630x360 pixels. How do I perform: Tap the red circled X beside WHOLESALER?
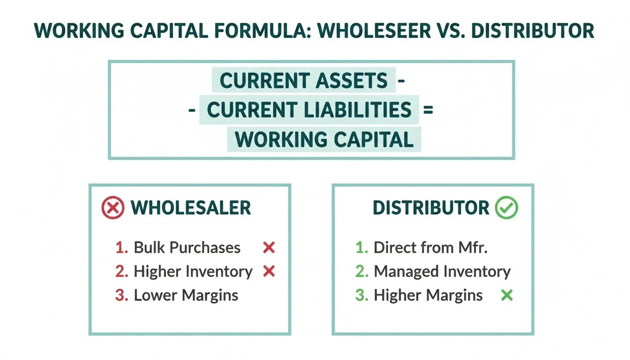pos(113,208)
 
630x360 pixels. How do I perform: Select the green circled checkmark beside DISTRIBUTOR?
pos(506,208)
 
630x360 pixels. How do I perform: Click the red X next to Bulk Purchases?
pos(269,247)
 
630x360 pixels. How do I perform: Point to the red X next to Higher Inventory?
pos(269,271)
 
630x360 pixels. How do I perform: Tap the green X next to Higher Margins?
pos(507,295)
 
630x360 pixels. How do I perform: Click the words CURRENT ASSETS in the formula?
pos(304,81)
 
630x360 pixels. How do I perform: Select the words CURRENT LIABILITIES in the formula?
pos(309,110)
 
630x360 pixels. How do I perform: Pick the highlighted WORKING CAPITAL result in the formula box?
pos(324,140)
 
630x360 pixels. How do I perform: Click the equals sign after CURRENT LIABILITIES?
pos(427,110)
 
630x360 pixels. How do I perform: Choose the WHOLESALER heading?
pos(191,208)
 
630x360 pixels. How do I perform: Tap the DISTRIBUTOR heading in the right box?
pos(431,208)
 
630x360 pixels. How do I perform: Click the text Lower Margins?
pos(186,295)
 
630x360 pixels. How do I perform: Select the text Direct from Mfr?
pos(431,247)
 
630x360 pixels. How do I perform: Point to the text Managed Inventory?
pos(442,271)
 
